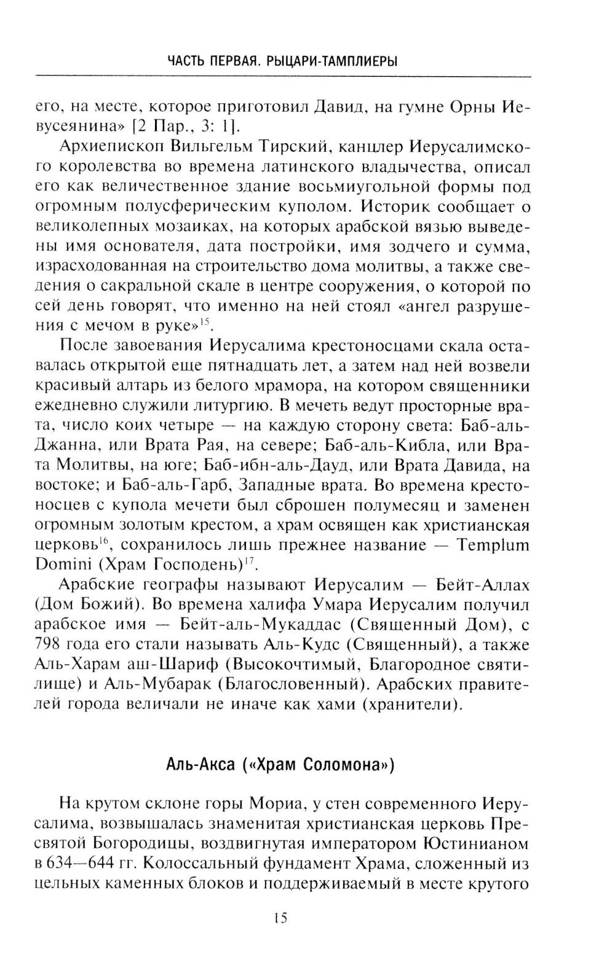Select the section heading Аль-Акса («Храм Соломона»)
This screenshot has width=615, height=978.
tap(279, 765)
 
